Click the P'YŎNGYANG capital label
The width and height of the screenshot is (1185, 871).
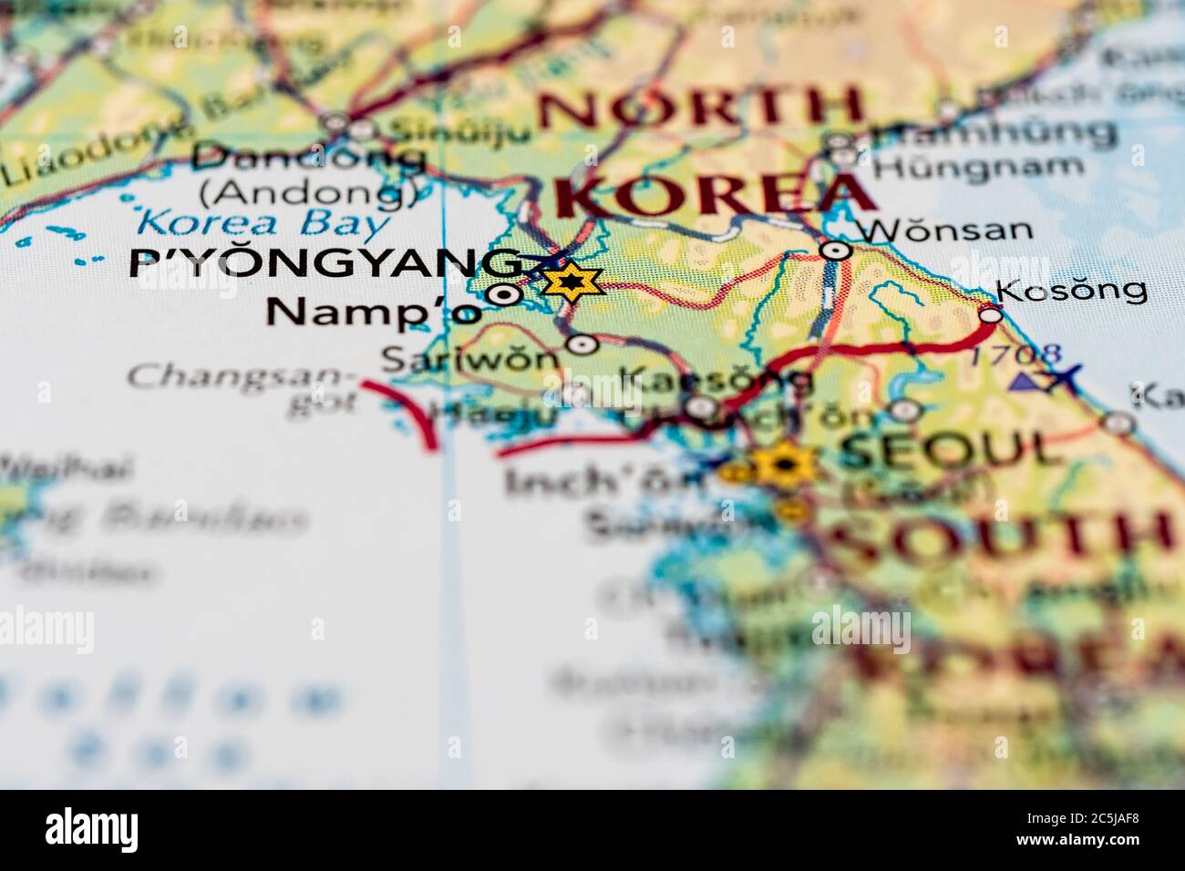(326, 263)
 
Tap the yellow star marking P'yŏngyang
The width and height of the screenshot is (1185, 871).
(572, 283)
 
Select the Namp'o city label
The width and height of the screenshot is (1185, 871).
(371, 312)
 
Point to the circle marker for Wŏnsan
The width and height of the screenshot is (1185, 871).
(836, 250)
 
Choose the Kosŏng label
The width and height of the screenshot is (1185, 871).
(1071, 290)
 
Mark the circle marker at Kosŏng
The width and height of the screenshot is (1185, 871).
(991, 315)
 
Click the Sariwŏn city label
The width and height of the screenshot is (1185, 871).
(469, 357)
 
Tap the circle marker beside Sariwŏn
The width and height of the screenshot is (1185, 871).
(582, 344)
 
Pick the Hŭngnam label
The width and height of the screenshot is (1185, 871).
(978, 167)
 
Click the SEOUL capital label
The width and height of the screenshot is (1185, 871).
(951, 450)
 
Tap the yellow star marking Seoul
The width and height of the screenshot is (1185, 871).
(782, 466)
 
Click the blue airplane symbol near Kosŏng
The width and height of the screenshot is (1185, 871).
(1063, 377)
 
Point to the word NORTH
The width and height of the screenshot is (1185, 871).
(700, 107)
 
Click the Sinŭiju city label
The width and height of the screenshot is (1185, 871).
(459, 131)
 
